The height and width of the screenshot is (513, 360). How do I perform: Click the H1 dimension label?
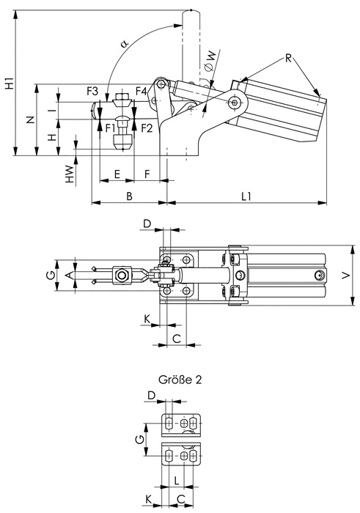[10, 84]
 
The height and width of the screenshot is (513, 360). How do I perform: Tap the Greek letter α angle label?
[125, 43]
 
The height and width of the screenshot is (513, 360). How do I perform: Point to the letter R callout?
[288, 58]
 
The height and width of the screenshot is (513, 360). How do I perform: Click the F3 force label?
[92, 92]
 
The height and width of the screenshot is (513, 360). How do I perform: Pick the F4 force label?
[142, 92]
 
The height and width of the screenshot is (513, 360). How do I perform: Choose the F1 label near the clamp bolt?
[111, 128]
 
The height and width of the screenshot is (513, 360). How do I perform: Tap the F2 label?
[147, 128]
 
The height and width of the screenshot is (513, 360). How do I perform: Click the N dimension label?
[31, 119]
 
